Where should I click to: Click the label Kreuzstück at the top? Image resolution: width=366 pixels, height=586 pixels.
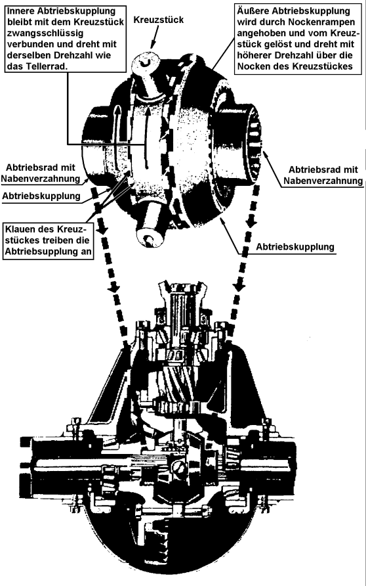tap(159, 20)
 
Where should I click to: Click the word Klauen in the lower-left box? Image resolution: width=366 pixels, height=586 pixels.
tap(19, 229)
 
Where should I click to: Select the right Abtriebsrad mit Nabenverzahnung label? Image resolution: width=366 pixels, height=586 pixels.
tap(323, 175)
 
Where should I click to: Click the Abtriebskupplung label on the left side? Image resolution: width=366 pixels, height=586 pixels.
tap(41, 196)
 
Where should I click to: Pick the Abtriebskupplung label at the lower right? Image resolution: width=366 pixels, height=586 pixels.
tap(295, 247)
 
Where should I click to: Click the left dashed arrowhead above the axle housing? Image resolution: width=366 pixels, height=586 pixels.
tap(113, 287)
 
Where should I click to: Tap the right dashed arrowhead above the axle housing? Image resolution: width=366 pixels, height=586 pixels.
tap(240, 286)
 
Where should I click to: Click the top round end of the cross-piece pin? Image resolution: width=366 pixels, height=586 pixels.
tap(146, 61)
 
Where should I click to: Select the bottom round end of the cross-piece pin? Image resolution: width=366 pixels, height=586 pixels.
tap(150, 238)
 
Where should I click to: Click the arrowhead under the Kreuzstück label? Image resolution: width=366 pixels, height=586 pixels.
tap(152, 45)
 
